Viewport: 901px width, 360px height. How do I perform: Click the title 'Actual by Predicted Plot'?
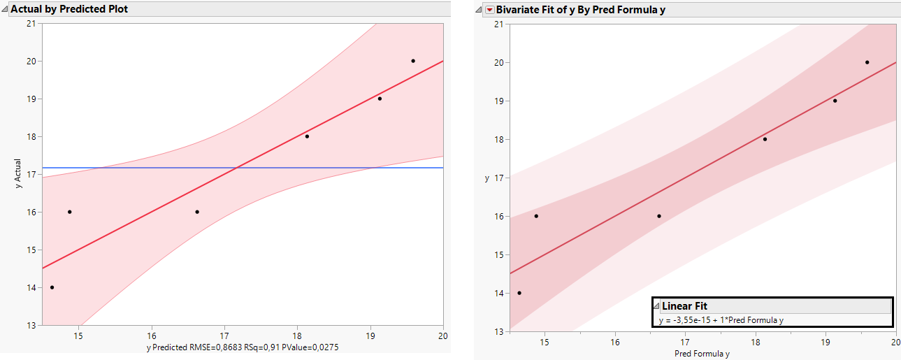[x=69, y=9]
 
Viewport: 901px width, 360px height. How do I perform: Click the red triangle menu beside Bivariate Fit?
[x=489, y=9]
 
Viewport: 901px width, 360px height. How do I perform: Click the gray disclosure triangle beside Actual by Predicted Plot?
[x=5, y=9]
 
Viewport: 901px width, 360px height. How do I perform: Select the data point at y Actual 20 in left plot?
[x=413, y=61]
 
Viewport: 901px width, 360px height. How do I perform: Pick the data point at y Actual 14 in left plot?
[x=52, y=287]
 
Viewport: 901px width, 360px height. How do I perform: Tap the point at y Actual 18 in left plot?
[x=307, y=136]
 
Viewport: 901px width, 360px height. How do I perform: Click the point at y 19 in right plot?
[x=835, y=101]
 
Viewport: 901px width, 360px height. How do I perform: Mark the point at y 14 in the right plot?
[x=519, y=293]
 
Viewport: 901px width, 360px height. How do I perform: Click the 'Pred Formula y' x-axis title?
[x=702, y=354]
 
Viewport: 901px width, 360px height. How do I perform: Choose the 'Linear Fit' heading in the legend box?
[x=684, y=306]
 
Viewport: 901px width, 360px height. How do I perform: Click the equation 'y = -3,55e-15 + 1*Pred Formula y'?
[x=721, y=320]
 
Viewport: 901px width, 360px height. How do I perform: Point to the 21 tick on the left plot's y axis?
[x=30, y=23]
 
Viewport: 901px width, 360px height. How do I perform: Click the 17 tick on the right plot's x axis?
[x=685, y=342]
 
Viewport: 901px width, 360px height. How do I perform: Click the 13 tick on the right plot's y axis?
[x=500, y=331]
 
